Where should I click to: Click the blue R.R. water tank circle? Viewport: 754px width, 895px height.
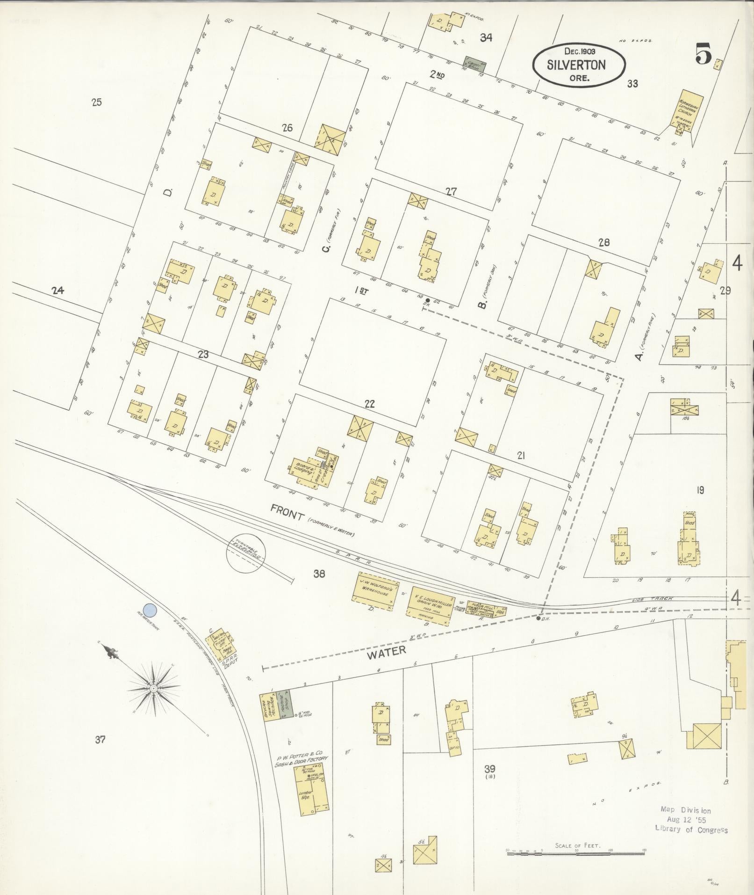(150, 610)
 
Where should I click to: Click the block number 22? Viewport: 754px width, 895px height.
(369, 404)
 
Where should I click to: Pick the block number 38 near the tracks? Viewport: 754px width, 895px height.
(319, 574)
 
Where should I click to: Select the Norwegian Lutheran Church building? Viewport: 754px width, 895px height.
(683, 109)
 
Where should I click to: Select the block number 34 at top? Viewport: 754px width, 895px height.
(486, 37)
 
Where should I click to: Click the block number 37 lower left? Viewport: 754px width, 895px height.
(100, 740)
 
